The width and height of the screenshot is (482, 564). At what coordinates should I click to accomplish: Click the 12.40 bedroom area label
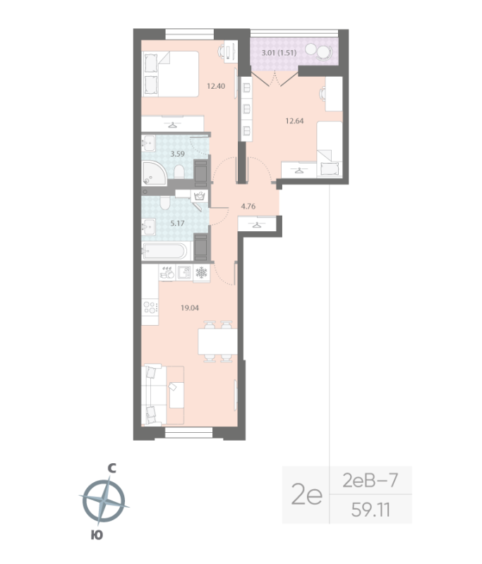tap(215, 87)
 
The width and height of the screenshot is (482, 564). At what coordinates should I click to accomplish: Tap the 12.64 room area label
tap(295, 120)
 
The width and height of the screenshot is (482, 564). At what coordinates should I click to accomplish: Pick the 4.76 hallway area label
tap(248, 207)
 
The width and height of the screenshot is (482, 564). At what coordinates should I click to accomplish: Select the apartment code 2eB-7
tap(370, 482)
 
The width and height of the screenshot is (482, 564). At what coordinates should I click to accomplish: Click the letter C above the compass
tap(111, 468)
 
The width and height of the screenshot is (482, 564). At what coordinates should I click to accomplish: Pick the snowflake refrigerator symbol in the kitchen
tap(201, 272)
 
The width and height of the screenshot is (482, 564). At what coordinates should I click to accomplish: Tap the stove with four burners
tap(150, 307)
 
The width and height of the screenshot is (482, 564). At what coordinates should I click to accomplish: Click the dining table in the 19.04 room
tap(216, 343)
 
